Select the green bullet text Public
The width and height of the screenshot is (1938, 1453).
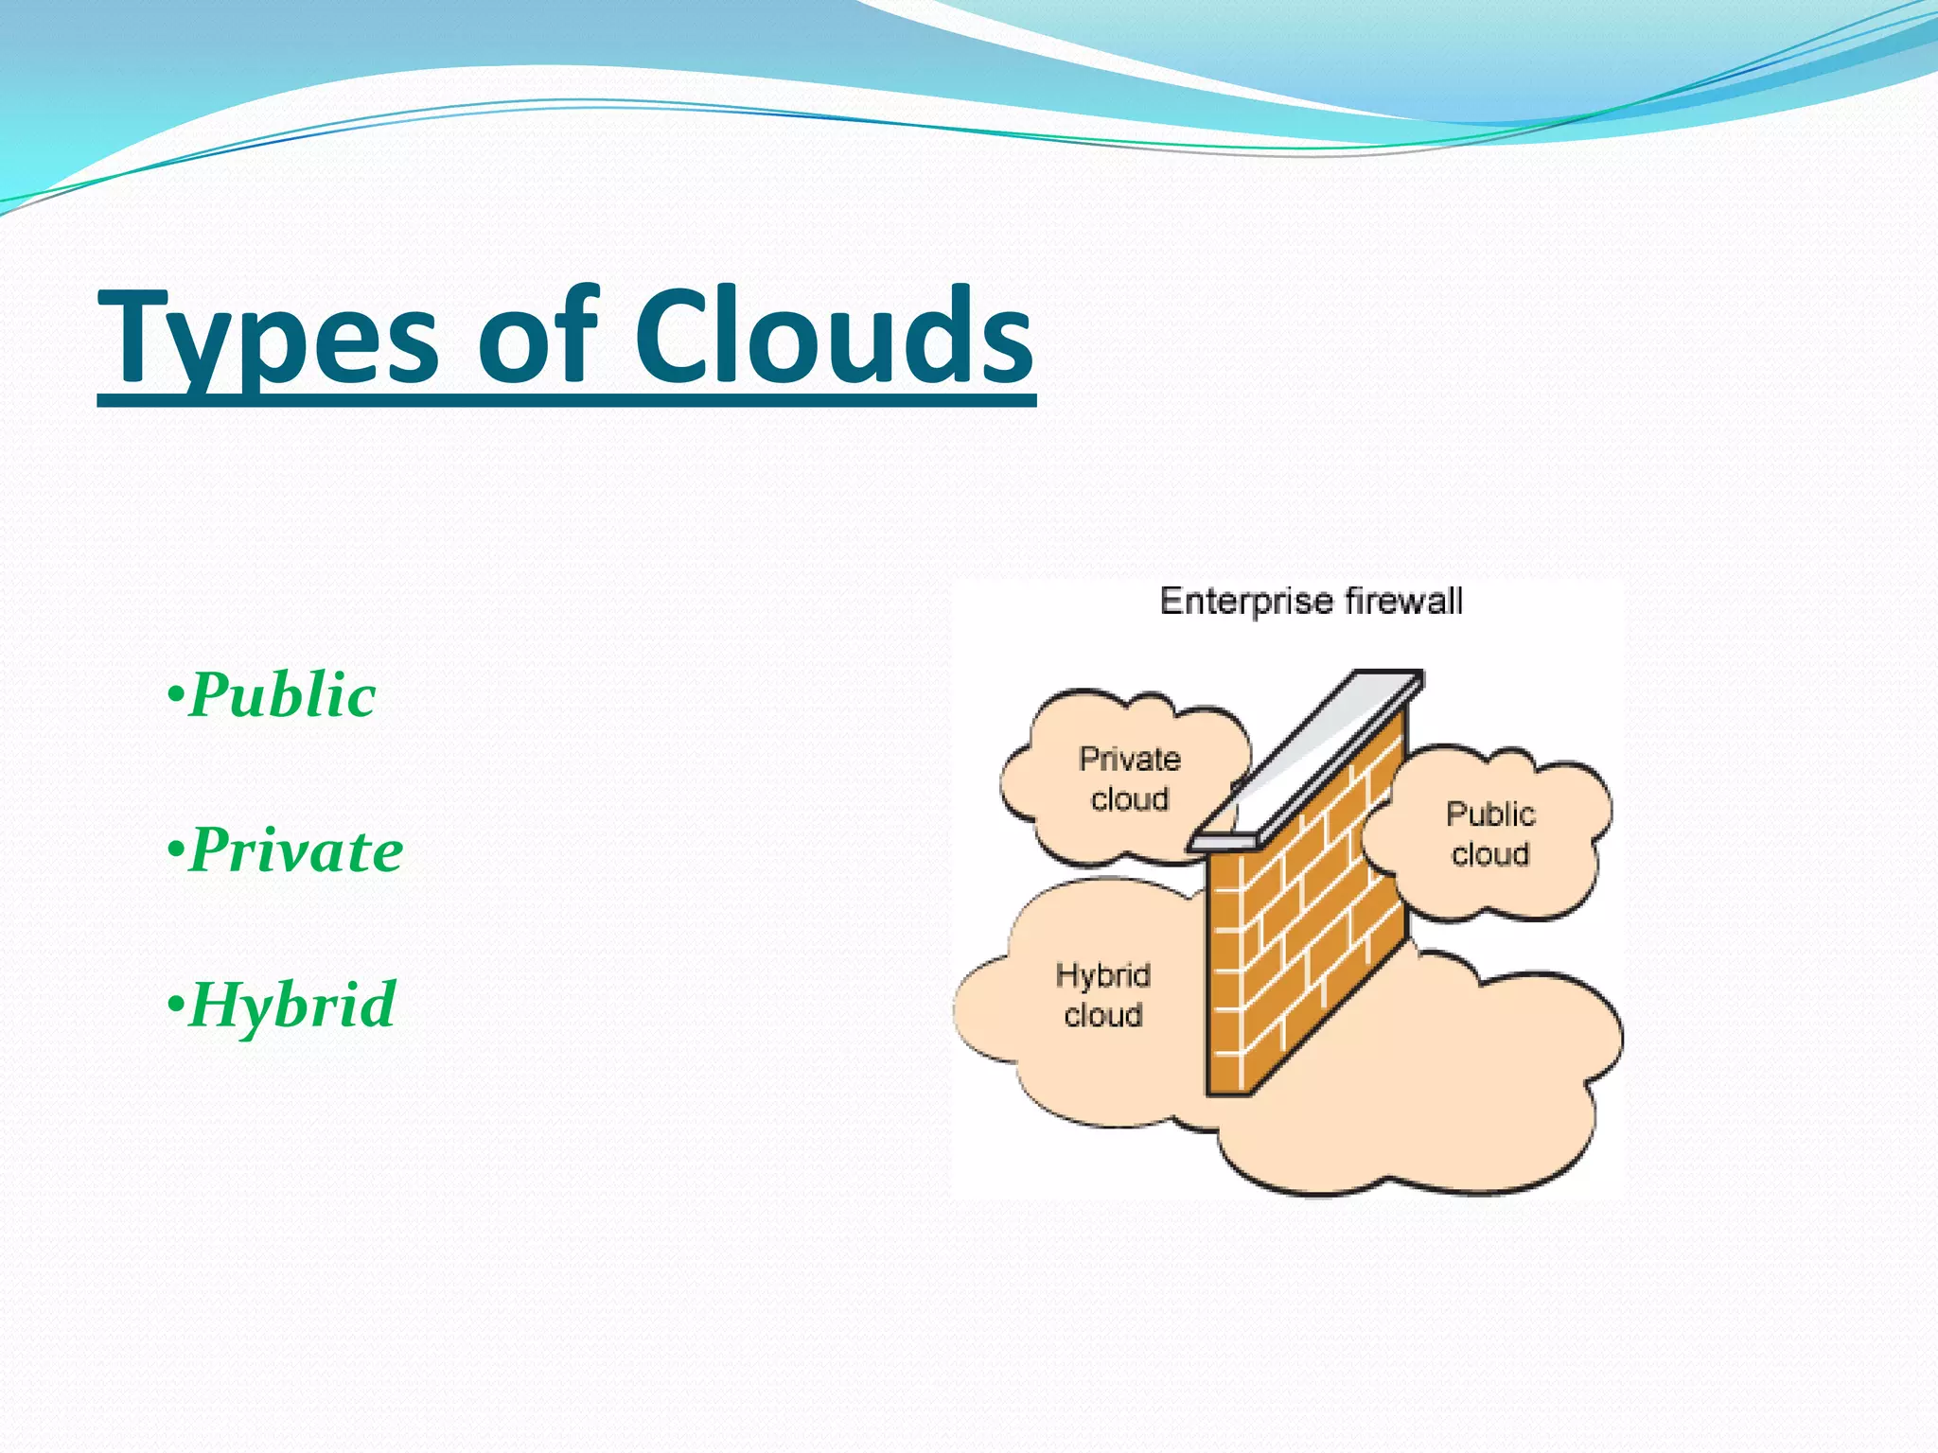pyautogui.click(x=282, y=695)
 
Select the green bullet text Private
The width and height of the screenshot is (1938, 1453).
pyautogui.click(x=295, y=849)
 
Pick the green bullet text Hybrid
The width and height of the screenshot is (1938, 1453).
pyautogui.click(x=291, y=1005)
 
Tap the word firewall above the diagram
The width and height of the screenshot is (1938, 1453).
pyautogui.click(x=1403, y=602)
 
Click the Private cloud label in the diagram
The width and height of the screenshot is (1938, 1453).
pyautogui.click(x=1129, y=779)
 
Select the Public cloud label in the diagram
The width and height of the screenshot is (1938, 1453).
pyautogui.click(x=1489, y=833)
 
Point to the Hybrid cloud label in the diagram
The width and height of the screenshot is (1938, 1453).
pyautogui.click(x=1102, y=994)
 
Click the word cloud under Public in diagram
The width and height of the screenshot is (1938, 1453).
pyautogui.click(x=1489, y=854)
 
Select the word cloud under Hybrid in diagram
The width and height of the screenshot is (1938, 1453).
pyautogui.click(x=1102, y=1015)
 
